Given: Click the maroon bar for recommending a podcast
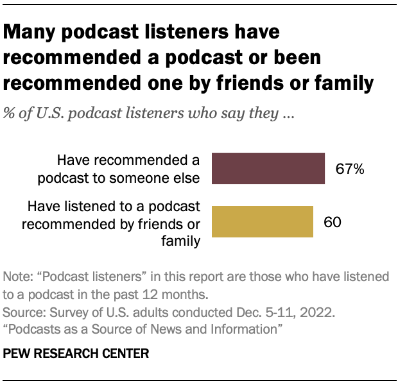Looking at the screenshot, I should (268, 169).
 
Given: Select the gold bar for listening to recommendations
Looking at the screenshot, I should (262, 222).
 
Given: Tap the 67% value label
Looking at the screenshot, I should (350, 169).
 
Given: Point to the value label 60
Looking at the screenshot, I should (332, 223).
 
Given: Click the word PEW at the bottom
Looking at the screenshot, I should (17, 354).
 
